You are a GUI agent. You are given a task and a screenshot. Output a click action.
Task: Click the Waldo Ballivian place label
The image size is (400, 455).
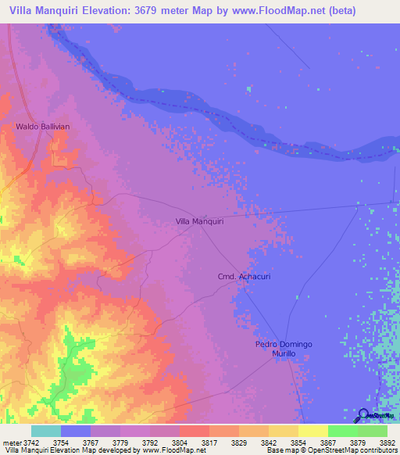44,126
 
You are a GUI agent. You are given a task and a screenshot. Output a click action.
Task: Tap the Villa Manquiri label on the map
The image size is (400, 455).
200,222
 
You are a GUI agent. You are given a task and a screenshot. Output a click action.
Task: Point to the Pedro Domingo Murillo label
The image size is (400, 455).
284,349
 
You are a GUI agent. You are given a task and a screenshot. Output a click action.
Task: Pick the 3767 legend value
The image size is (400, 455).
91,442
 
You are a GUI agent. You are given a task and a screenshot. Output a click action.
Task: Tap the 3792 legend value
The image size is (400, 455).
150,442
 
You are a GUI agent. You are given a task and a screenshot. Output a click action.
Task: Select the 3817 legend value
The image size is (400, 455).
209,442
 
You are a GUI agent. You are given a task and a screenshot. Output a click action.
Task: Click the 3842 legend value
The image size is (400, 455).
269,442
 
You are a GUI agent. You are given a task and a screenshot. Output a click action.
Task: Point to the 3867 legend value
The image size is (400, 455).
328,442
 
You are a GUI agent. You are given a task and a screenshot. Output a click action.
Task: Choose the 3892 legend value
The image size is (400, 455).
387,442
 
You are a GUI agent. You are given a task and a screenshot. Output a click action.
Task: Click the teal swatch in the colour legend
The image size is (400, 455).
46,431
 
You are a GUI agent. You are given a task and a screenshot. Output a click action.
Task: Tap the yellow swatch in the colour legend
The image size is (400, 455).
313,431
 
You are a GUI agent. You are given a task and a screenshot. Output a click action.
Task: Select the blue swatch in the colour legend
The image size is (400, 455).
76,431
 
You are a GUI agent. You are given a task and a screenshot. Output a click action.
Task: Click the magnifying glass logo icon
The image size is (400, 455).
363,415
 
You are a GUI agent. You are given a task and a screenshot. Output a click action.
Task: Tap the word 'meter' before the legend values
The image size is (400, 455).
10,442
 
